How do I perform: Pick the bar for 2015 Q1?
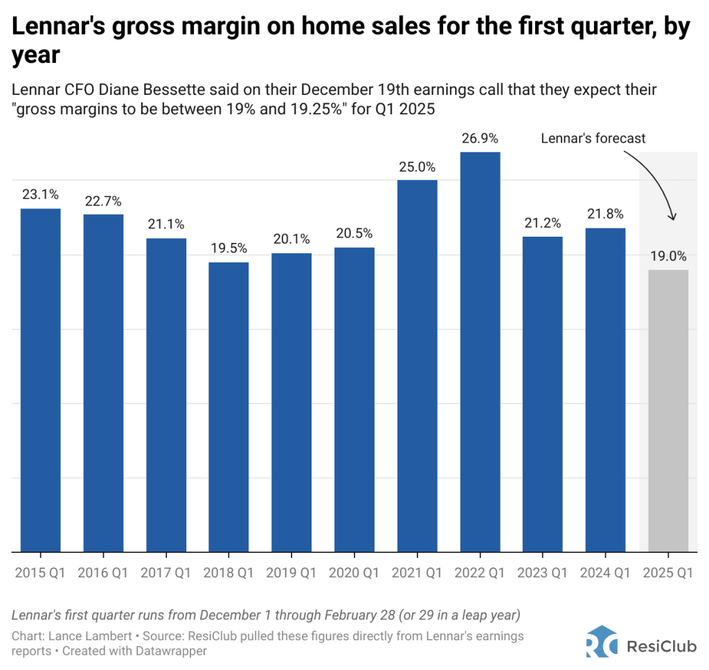point(40,380)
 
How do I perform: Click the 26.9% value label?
point(480,139)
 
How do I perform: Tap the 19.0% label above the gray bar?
point(668,257)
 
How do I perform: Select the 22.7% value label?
point(103,201)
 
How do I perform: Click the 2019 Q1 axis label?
point(291,572)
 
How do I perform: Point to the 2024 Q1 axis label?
point(605,572)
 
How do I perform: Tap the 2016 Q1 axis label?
point(103,572)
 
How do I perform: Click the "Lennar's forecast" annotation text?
point(593,138)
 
